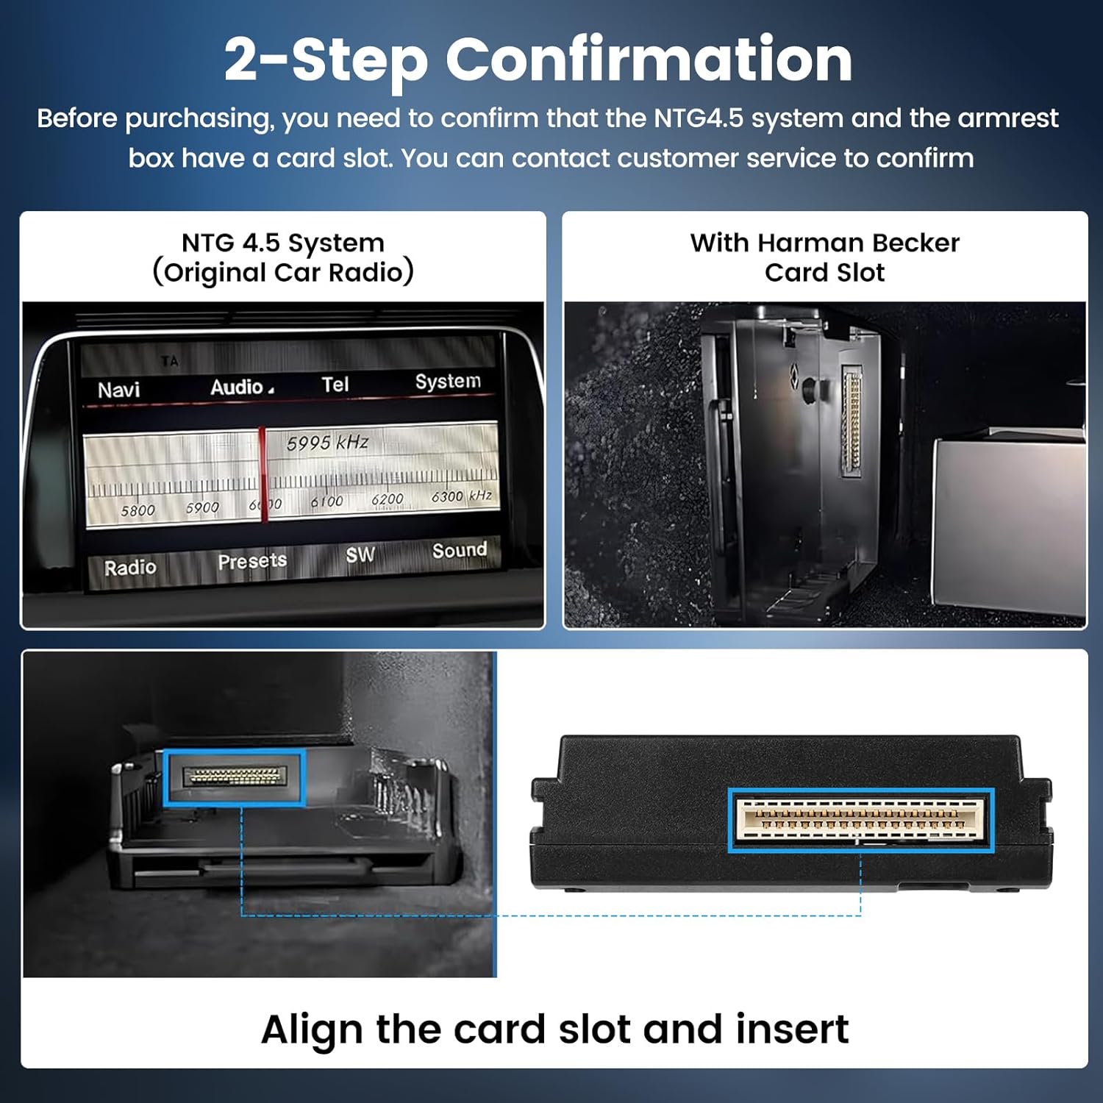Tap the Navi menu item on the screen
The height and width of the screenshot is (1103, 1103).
[118, 390]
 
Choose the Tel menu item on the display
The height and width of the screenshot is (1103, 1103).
[335, 384]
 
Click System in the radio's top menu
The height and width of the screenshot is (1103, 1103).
[447, 381]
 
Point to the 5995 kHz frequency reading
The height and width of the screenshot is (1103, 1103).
[327, 443]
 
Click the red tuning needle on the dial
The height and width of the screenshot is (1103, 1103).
[263, 474]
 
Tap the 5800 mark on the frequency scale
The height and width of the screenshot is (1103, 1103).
[138, 510]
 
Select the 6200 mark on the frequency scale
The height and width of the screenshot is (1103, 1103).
[387, 500]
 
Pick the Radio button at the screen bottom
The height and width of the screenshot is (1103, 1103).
[130, 568]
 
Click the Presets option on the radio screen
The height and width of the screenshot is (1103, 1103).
[252, 561]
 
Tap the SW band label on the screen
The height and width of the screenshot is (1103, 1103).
[360, 555]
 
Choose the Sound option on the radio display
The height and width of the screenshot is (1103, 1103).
[459, 550]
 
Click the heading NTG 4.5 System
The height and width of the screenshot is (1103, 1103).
[283, 243]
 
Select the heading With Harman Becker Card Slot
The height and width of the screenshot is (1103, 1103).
[824, 257]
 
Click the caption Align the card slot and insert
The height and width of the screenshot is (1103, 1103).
[554, 1029]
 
